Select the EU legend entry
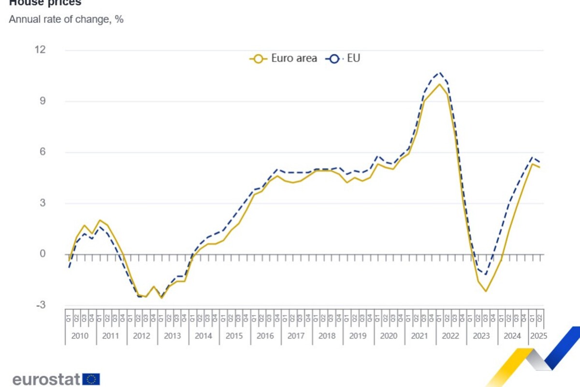344,59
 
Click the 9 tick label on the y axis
42,101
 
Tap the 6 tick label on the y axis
42,152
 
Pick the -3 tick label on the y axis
41,305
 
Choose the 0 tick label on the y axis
42,254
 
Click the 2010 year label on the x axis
80,336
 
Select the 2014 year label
203,336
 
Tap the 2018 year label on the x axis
327,336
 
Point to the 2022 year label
450,336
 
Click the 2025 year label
538,336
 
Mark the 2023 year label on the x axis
481,336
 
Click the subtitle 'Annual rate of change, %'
66,20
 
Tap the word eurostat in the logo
47,379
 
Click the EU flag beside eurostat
91,379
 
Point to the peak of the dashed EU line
439,73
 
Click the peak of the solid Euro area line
439,84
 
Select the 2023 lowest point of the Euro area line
485,291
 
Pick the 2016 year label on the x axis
265,336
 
